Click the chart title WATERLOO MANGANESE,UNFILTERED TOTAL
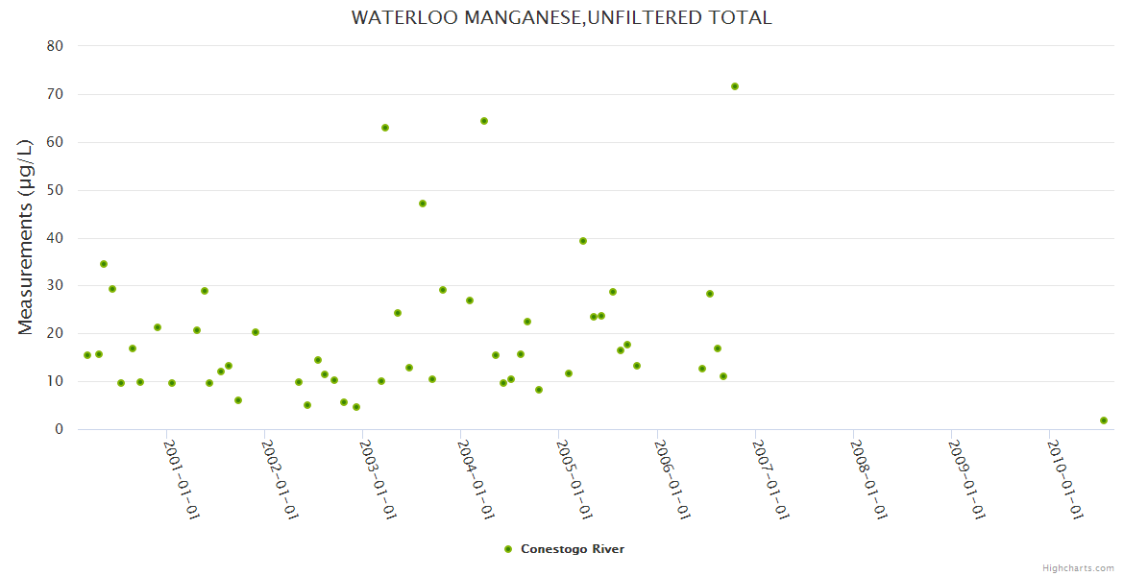[x=561, y=17]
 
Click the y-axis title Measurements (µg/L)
[x=26, y=236]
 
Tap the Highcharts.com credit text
[x=1078, y=567]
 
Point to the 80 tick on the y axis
[x=55, y=46]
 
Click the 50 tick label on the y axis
[x=55, y=190]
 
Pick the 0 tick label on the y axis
[x=59, y=429]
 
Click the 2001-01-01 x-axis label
[x=181, y=480]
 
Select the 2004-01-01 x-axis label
[x=476, y=480]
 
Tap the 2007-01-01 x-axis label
[x=770, y=480]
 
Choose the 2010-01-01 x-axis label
[x=1064, y=480]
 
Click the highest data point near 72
[x=735, y=86]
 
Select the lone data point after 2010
[x=1104, y=420]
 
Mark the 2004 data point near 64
[x=484, y=121]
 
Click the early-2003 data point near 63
[x=385, y=128]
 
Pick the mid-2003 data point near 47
[x=423, y=204]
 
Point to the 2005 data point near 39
[x=583, y=241]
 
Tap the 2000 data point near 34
[x=104, y=264]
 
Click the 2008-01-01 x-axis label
[x=867, y=480]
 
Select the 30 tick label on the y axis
[x=55, y=286]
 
